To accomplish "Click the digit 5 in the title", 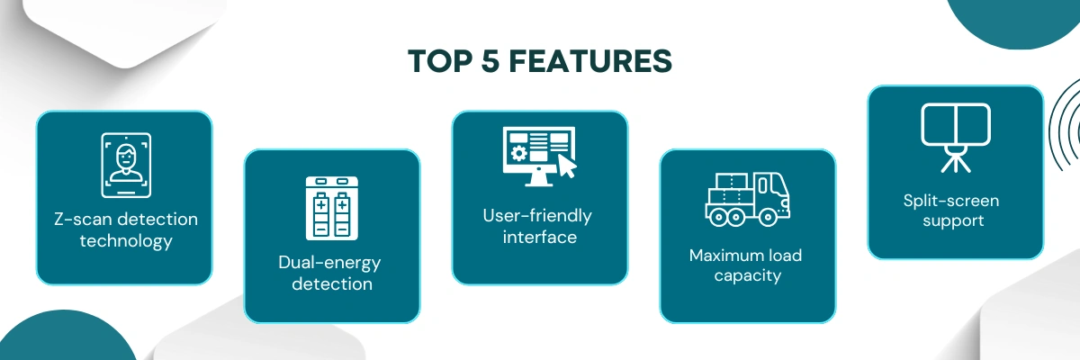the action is (490, 61).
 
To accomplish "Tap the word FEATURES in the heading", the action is (590, 61).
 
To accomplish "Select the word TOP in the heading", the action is (440, 61).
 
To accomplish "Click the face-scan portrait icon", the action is (126, 166).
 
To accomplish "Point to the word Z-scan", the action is (82, 220).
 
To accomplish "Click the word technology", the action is (126, 241).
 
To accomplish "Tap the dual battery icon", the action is (332, 208).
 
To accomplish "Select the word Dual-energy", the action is (329, 263).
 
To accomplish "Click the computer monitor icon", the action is (539, 156).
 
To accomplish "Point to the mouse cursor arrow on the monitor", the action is (566, 166).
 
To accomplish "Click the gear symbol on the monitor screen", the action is (518, 153).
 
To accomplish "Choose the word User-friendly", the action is (537, 216).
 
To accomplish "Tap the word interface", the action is (539, 238).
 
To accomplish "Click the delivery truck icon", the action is (747, 199).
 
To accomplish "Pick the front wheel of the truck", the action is (768, 217).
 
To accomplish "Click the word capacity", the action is (748, 276).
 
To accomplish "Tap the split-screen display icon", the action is (956, 138).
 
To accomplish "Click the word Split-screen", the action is (951, 201).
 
